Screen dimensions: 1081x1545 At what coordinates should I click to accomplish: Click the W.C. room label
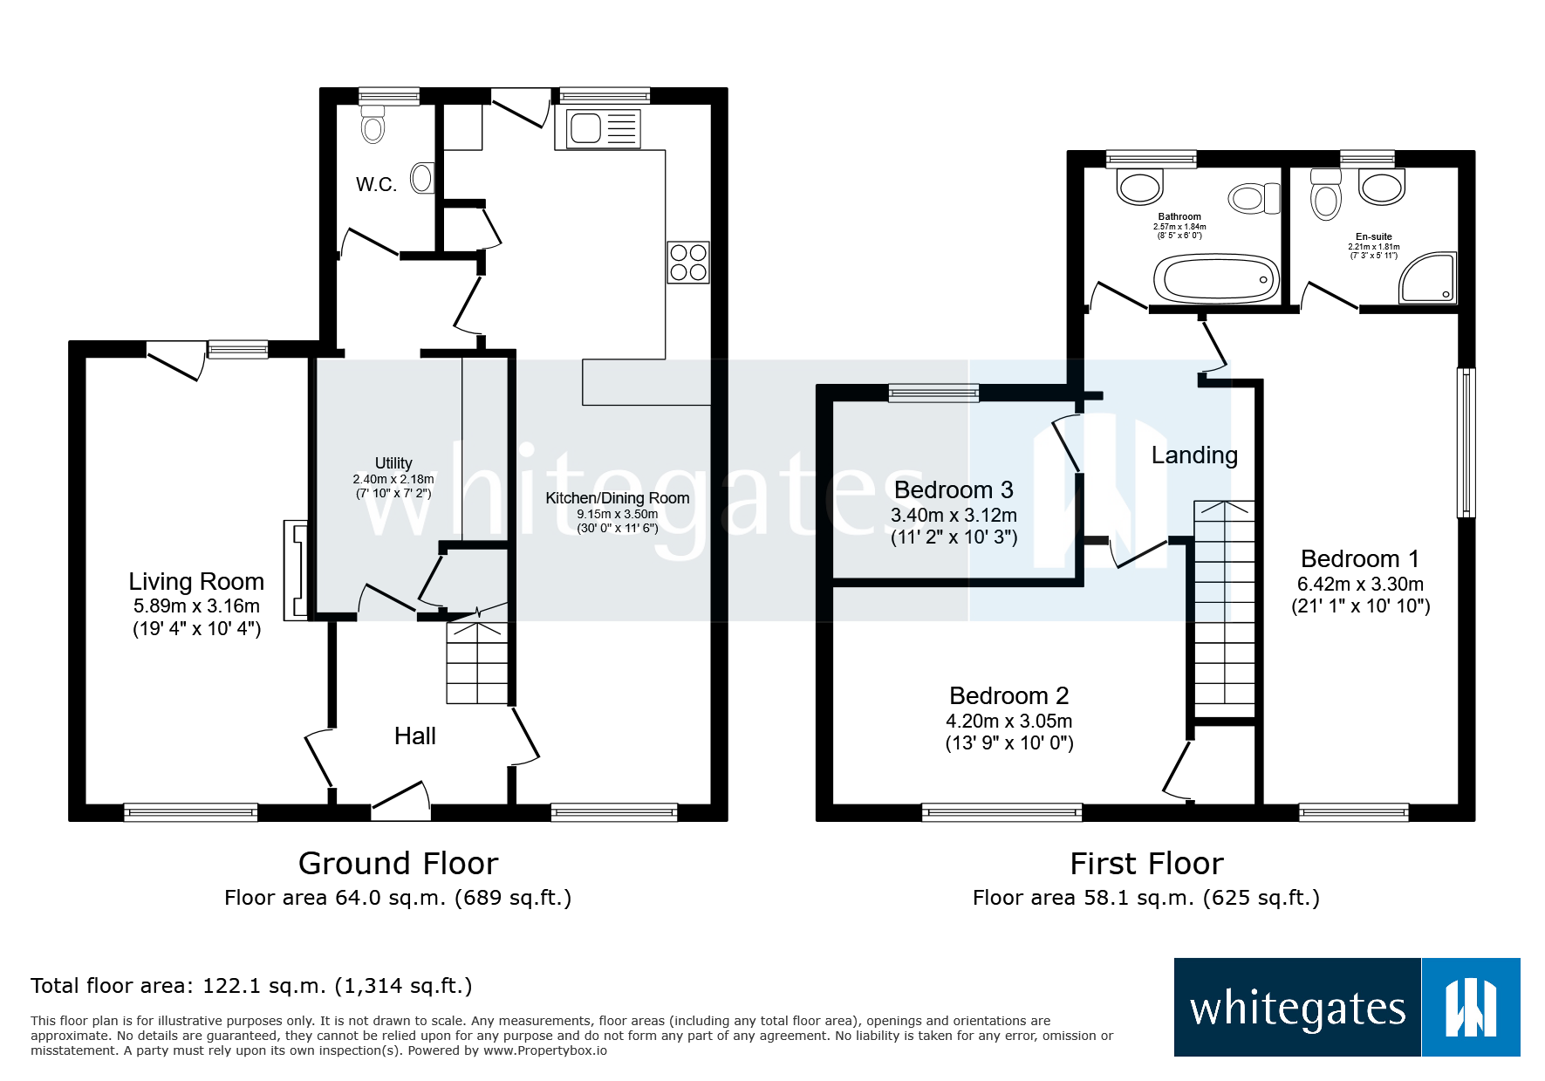coord(376,184)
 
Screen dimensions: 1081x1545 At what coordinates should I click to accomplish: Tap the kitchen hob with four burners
coord(688,263)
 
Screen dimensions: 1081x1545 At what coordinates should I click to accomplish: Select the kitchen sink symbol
coord(603,129)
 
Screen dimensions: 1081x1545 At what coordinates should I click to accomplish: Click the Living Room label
coord(196,581)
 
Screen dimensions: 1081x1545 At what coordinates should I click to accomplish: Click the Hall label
coord(414,735)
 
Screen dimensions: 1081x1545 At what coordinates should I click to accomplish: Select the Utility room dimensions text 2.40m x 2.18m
coord(393,479)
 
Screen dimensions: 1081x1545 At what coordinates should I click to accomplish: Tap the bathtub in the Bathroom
coord(1216,279)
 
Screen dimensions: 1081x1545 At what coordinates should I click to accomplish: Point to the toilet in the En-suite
coord(1325,194)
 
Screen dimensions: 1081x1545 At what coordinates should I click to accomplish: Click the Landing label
coord(1194,455)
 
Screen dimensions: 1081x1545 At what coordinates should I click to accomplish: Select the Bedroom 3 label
coord(954,489)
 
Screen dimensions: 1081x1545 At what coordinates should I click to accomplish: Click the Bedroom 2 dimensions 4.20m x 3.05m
coord(1009,721)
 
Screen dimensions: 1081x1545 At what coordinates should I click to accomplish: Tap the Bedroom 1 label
coord(1359,558)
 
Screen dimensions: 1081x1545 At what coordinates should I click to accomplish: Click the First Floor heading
coord(1146,863)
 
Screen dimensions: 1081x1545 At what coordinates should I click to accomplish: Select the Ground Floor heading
coord(398,863)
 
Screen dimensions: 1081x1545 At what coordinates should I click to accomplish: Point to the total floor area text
coord(251,986)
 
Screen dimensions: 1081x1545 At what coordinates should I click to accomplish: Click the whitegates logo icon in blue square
coord(1471,1008)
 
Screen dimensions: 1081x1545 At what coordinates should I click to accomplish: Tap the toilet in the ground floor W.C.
coord(373,124)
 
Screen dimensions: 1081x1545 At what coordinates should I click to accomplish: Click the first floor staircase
coord(1224,602)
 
